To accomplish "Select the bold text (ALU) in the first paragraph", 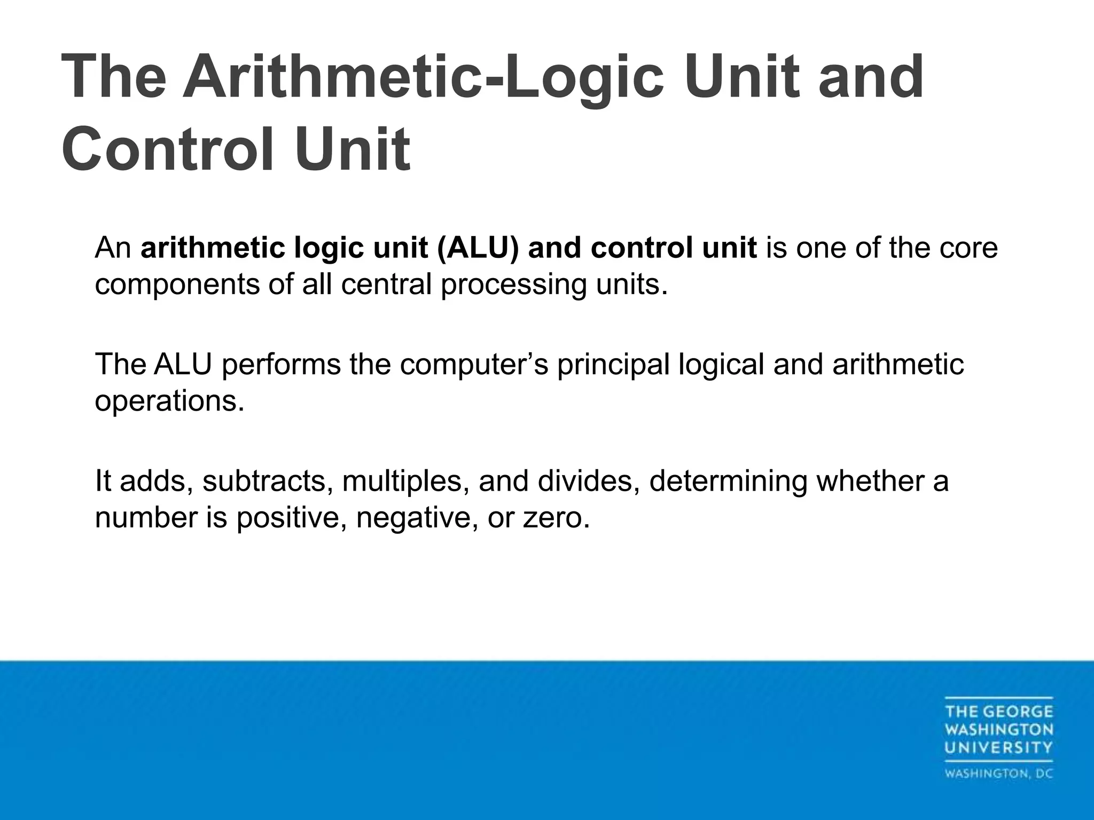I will coord(478,248).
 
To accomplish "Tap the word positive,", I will coord(291,517).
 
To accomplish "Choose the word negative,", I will coord(417,517).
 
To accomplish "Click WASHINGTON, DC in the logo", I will coord(998,774).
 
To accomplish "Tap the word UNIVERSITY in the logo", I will coord(998,747).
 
